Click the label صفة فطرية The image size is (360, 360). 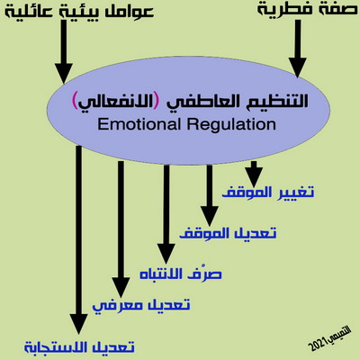(x=308, y=8)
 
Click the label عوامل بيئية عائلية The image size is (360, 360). (x=79, y=12)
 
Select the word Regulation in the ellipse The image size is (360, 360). (x=231, y=124)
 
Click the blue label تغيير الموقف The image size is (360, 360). (x=268, y=192)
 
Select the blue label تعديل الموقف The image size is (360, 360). (x=228, y=233)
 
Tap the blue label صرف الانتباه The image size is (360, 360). (x=181, y=273)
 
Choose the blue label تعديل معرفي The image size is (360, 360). (x=141, y=305)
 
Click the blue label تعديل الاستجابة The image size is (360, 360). (x=79, y=347)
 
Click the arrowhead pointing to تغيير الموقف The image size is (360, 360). (x=254, y=177)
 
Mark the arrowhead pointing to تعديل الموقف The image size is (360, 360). (x=210, y=216)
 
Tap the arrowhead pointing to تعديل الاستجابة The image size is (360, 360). (x=78, y=324)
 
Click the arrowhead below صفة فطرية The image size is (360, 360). (x=298, y=67)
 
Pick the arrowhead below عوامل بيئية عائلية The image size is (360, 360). (x=64, y=73)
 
